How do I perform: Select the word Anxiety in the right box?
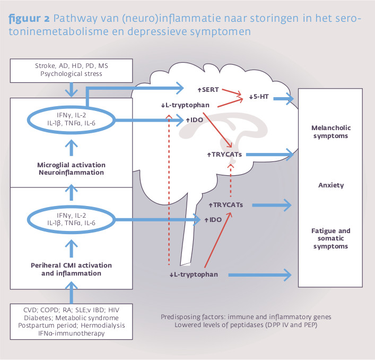coord(332,185)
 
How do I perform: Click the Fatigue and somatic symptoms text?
coord(332,239)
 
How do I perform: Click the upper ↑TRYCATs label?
coord(225,154)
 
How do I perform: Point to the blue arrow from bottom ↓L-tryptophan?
coord(260,275)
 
